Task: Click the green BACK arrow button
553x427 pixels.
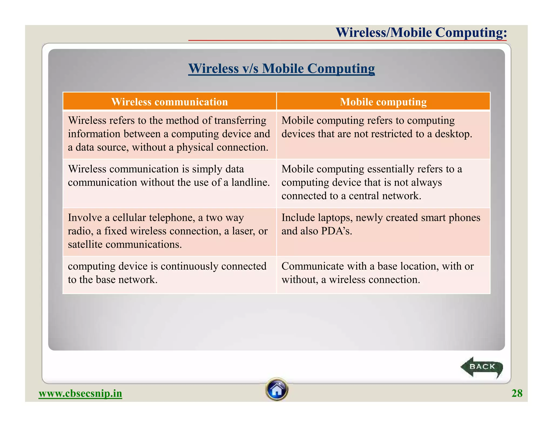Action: click(482, 367)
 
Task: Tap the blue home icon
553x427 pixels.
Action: click(277, 389)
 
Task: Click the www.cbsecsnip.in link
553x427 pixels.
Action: click(80, 394)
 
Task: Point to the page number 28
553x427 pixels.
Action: click(517, 393)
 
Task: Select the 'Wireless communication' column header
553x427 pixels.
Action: click(170, 102)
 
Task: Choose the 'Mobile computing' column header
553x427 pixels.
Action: click(383, 102)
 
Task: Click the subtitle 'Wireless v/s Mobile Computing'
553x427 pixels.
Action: click(281, 68)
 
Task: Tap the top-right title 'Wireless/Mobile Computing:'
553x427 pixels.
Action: click(421, 32)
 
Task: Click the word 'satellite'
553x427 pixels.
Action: click(85, 245)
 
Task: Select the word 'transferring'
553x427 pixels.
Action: click(240, 120)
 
